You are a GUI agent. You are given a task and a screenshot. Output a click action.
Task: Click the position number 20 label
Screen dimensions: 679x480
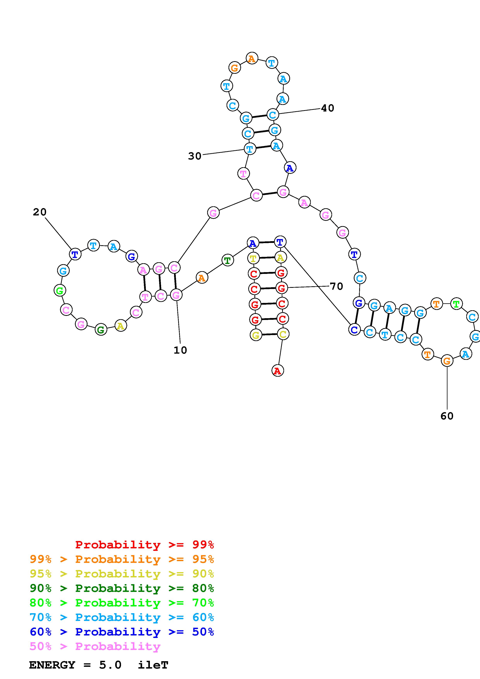[40, 212]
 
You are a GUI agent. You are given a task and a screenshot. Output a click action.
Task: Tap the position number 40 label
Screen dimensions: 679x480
[327, 108]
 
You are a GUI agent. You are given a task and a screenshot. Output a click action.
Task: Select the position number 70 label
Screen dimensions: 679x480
[336, 286]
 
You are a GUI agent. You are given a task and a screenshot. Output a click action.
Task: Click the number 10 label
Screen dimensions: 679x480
[180, 350]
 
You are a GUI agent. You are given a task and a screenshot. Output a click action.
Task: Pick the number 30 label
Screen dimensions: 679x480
[195, 156]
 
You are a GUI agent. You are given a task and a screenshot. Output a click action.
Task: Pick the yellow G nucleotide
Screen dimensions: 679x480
[256, 335]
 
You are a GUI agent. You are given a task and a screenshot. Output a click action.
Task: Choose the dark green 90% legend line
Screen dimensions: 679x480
[122, 588]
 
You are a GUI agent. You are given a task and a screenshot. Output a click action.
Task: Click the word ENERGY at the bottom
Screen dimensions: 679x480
[52, 665]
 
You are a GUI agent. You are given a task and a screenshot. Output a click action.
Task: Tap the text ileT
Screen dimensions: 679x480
[153, 665]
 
